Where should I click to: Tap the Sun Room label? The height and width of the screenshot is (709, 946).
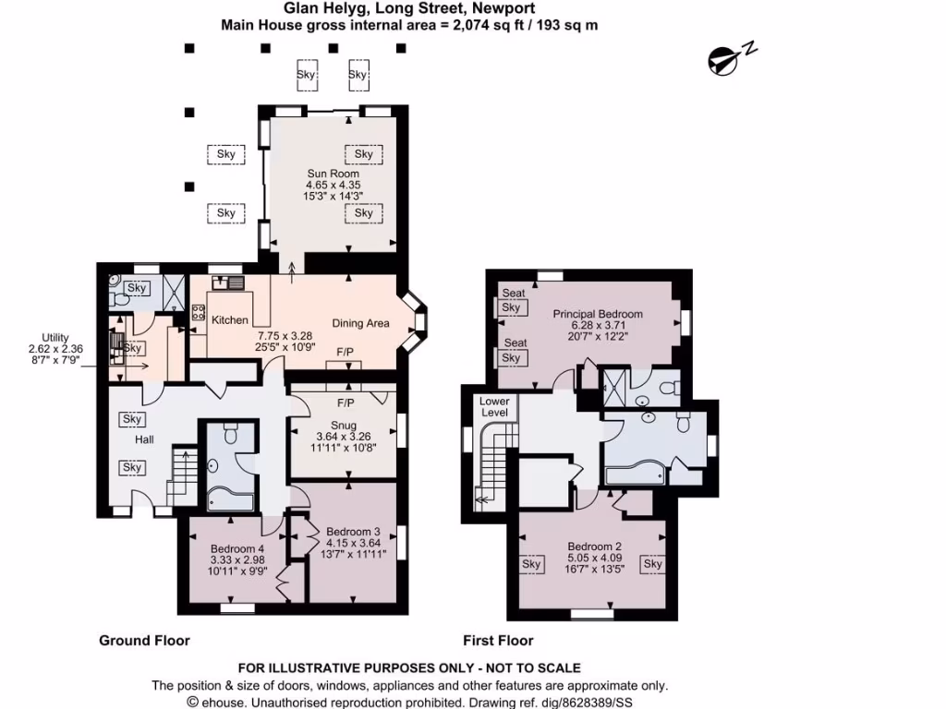tap(333, 174)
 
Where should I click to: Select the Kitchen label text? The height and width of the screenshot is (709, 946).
tap(230, 320)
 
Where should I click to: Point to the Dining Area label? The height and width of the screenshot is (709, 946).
tap(361, 323)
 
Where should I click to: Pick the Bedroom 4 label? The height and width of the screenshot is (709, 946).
tap(237, 547)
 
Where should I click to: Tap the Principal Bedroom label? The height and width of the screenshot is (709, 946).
tap(598, 314)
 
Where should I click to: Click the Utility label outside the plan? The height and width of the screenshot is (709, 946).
tap(56, 338)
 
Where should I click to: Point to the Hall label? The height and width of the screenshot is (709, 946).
tap(144, 440)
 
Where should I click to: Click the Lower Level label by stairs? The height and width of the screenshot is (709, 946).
tap(494, 407)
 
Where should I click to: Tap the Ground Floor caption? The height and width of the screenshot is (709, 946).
tap(144, 640)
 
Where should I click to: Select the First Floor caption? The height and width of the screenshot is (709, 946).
tap(498, 640)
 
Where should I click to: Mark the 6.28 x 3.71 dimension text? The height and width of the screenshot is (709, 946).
tap(598, 326)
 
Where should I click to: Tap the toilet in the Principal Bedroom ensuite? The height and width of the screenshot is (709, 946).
tap(674, 386)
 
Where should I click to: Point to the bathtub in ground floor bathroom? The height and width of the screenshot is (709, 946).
tap(230, 499)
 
